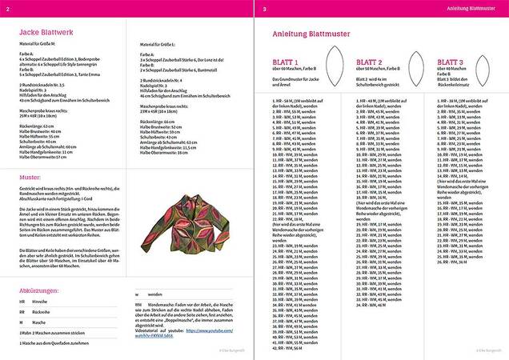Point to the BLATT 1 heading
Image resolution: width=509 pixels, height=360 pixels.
point(286,62)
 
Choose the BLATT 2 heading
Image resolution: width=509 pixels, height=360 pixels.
point(369,62)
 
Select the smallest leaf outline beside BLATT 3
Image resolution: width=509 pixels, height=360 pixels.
point(483,64)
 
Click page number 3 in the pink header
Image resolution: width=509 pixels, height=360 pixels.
point(264,10)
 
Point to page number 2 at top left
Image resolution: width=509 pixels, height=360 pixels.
point(7,10)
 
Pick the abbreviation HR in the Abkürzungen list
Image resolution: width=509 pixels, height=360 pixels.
point(21,302)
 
